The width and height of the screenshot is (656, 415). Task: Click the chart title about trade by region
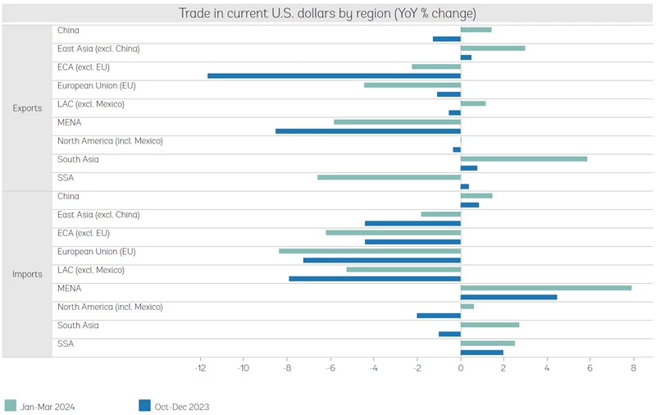(x=327, y=13)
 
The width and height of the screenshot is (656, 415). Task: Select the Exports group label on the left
(x=27, y=108)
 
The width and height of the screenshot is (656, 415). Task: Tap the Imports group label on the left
(x=27, y=274)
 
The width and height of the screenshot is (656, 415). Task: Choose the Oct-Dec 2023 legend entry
(x=174, y=405)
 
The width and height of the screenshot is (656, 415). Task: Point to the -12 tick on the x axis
(x=200, y=368)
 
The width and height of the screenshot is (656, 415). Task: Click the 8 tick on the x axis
(x=633, y=368)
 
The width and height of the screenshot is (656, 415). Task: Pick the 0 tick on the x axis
(x=461, y=368)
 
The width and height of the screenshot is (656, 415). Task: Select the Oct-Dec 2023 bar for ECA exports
(x=334, y=75)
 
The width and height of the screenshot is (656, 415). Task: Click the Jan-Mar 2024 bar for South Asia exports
(x=524, y=158)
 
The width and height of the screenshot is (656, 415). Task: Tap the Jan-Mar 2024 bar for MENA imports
(x=546, y=288)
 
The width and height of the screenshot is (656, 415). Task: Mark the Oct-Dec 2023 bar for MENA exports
(x=368, y=130)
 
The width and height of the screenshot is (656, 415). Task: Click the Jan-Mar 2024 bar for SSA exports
(x=389, y=177)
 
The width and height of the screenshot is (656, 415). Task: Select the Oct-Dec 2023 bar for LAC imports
(x=375, y=279)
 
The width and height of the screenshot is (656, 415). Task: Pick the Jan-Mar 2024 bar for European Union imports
(x=370, y=251)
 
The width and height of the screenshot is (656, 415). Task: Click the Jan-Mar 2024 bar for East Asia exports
(x=493, y=48)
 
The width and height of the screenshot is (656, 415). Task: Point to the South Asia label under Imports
(x=78, y=326)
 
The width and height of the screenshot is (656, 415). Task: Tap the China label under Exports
(x=68, y=30)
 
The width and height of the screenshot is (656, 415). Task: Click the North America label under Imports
(x=110, y=307)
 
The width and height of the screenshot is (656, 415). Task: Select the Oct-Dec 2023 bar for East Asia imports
(x=412, y=223)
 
